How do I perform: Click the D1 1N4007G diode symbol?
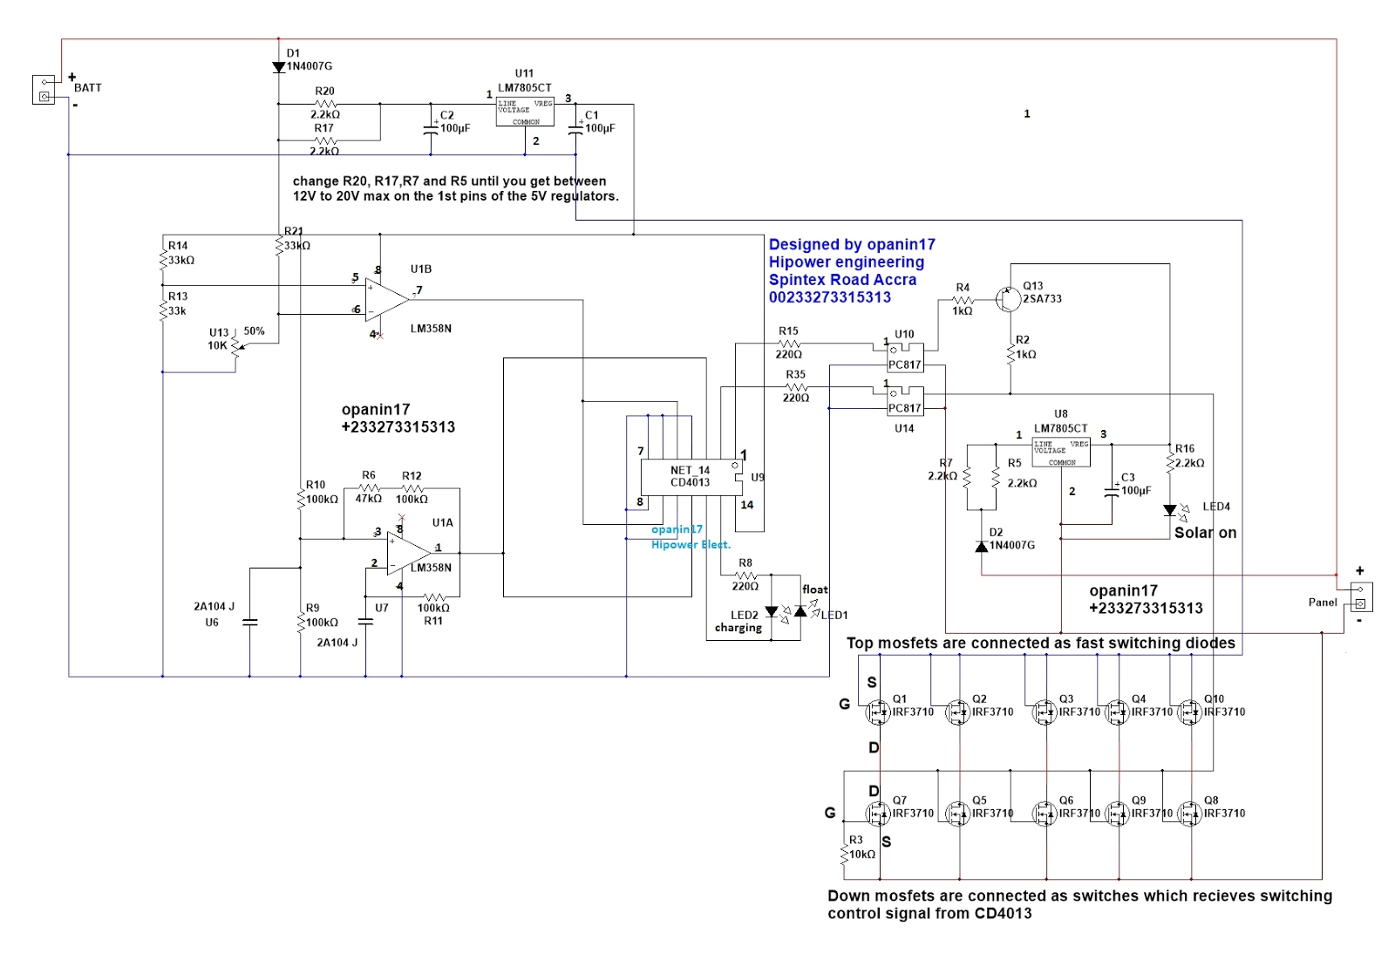click(279, 67)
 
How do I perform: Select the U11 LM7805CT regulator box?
click(525, 112)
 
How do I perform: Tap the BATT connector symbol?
click(44, 90)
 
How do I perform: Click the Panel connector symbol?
click(1361, 596)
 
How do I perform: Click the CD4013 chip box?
click(691, 477)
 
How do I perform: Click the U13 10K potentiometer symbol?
click(235, 347)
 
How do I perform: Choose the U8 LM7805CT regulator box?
click(1061, 453)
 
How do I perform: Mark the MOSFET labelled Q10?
click(1189, 712)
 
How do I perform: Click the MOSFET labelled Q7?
click(877, 814)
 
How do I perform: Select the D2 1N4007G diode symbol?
click(982, 546)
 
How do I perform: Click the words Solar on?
click(1205, 533)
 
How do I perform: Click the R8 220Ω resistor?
click(745, 575)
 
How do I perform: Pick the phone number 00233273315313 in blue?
click(829, 297)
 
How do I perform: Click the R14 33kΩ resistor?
click(163, 259)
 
